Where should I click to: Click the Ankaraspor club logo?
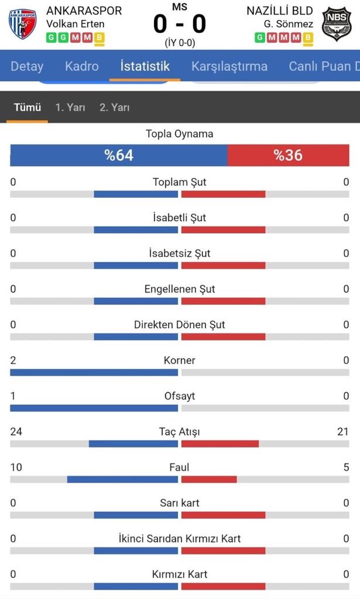[22, 24]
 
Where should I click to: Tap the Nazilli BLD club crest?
[337, 25]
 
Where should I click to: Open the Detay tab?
[27, 66]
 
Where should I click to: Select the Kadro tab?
[82, 66]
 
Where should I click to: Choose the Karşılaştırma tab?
[229, 66]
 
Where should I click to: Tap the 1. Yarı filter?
[70, 107]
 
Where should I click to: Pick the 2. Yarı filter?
[114, 107]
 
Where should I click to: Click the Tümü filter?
[27, 107]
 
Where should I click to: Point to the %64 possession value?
[119, 155]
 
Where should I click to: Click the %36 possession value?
[288, 155]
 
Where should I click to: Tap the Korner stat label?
[180, 360]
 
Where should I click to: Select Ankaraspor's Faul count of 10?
[16, 467]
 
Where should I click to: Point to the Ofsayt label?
[180, 396]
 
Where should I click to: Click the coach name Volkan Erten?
[76, 24]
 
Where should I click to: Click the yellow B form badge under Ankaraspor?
[100, 37]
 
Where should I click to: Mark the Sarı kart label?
[180, 503]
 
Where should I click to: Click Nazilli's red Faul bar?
[209, 480]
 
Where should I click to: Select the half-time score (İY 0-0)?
[180, 43]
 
